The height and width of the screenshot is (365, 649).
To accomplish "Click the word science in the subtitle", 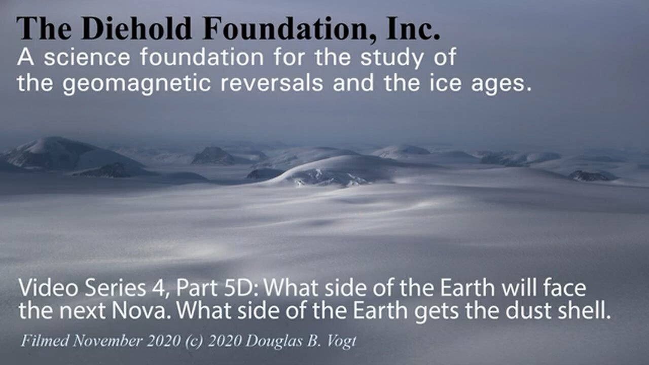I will (x=88, y=58).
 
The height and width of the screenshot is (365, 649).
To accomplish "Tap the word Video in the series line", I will (x=42, y=289).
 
